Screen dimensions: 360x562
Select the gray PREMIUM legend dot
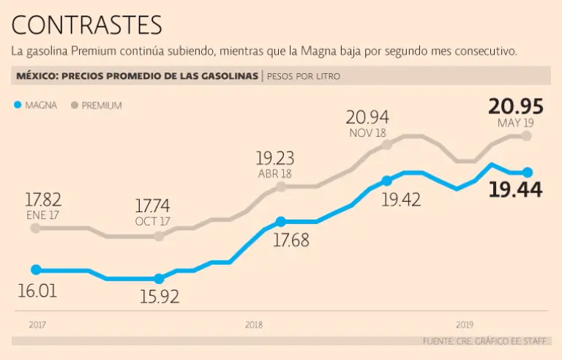point(74,105)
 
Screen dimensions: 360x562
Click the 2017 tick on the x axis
point(37,324)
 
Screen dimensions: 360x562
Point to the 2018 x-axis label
point(254,324)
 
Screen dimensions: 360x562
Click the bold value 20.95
point(516,106)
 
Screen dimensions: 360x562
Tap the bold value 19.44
point(516,190)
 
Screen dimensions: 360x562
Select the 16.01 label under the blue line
point(37,290)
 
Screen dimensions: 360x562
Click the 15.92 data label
point(159,297)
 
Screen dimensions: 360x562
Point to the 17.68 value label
point(291,239)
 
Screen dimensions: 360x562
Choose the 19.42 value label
point(402,199)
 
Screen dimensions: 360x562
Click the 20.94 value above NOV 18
point(367,116)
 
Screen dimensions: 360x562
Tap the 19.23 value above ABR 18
point(274,157)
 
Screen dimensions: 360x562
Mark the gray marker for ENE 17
point(36,228)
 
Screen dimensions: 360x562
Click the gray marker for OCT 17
point(160,236)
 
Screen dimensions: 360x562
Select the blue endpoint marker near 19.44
point(527,173)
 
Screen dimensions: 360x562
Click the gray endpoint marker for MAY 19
point(527,136)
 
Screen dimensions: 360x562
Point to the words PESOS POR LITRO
point(304,76)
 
